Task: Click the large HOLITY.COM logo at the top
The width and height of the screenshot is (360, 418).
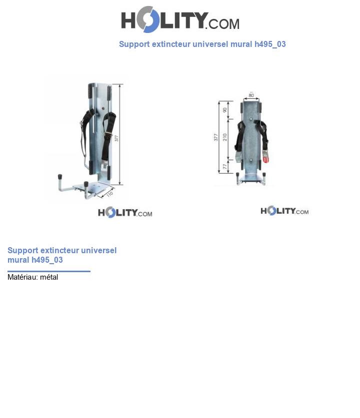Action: (180, 19)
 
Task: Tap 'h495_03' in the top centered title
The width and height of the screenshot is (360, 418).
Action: (270, 44)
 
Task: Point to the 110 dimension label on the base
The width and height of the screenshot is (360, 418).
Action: (109, 194)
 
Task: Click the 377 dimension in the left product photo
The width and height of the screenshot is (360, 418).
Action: (116, 138)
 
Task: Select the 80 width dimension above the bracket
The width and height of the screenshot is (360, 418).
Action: (251, 95)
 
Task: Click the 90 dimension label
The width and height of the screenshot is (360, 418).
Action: (225, 110)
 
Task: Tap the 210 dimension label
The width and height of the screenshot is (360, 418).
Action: (225, 137)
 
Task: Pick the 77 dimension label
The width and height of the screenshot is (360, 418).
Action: (225, 166)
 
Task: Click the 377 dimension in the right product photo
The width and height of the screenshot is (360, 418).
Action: (216, 137)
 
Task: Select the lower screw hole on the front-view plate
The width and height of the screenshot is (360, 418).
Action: (251, 160)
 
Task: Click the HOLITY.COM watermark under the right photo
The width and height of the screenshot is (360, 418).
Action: (284, 211)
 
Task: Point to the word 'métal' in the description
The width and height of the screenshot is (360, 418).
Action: (49, 277)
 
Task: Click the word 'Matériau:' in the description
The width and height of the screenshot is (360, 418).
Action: (22, 277)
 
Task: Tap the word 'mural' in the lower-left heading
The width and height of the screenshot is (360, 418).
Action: (18, 260)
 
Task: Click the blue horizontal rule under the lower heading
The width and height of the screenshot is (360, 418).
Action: (49, 271)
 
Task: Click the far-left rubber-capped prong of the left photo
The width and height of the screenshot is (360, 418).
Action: (60, 177)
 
